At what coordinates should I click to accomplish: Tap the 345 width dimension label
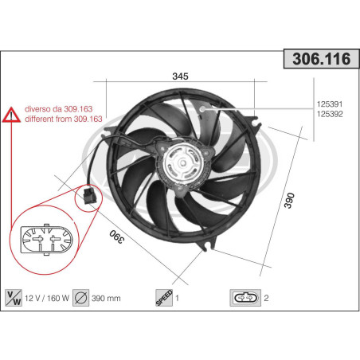coord(180,76)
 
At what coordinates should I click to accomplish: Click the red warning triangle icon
coord(12,117)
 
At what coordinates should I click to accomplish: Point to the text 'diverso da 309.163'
coord(57,109)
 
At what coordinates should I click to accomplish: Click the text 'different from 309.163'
coord(64,119)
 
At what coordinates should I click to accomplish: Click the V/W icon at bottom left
coord(14,298)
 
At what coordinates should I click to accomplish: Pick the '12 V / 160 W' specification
coord(47,299)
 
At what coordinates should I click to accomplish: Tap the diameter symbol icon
coord(80,298)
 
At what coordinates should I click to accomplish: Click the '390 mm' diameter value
coord(106,299)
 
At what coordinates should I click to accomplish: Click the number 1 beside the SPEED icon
coord(177,299)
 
